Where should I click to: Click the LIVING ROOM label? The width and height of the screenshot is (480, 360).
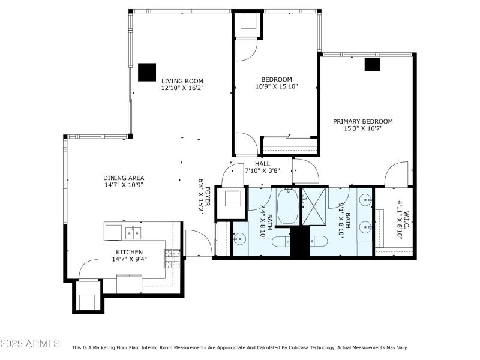[182, 81]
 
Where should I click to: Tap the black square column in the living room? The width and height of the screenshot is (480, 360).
[147, 72]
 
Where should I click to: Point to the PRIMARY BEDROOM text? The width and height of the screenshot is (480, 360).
[363, 121]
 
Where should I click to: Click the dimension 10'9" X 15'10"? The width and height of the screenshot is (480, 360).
[277, 86]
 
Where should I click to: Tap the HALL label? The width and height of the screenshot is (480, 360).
[262, 163]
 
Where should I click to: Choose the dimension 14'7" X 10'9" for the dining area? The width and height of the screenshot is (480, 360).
[124, 185]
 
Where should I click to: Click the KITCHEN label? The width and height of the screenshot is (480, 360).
[130, 252]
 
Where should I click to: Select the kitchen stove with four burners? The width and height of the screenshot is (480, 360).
[173, 259]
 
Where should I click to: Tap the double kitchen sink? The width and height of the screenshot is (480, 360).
[133, 232]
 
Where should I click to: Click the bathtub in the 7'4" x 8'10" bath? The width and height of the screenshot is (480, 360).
[287, 206]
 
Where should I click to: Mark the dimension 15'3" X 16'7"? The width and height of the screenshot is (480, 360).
[363, 128]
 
